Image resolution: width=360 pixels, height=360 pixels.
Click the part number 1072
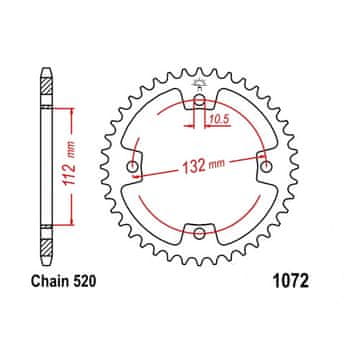(x=291, y=282)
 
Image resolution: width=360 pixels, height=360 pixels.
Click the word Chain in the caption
(x=50, y=282)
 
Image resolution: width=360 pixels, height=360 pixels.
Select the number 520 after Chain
(x=84, y=282)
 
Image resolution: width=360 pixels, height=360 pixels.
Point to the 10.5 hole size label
(x=220, y=119)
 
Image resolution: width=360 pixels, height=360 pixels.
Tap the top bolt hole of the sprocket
(x=199, y=100)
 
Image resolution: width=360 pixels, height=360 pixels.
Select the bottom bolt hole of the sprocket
(x=199, y=233)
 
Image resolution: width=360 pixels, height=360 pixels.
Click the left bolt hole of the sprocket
(x=133, y=166)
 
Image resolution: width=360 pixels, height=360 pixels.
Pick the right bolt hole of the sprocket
(x=266, y=166)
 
